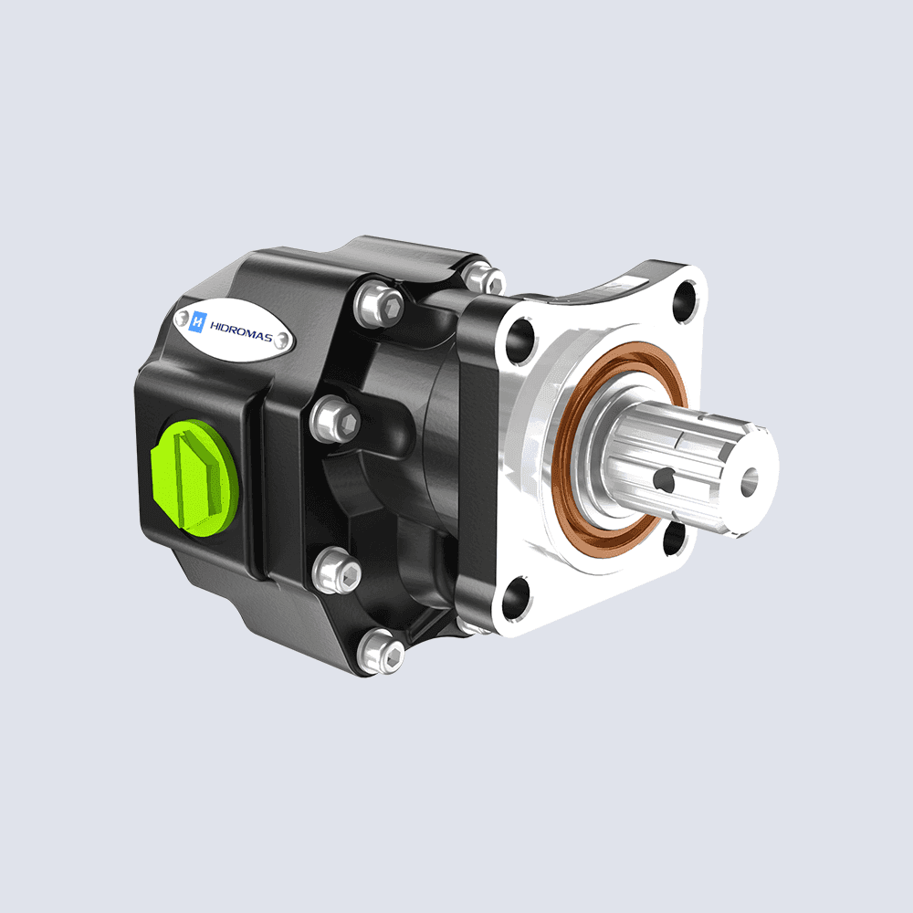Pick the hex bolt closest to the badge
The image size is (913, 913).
coord(378,303)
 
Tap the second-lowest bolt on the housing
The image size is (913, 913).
coord(335,571)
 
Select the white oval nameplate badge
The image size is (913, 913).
coord(234,329)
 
